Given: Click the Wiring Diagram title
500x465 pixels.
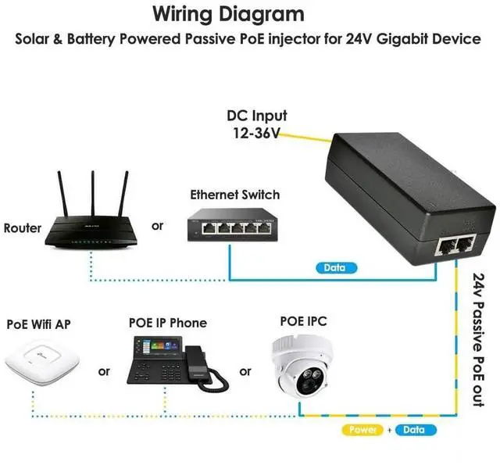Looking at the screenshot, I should pos(228,13).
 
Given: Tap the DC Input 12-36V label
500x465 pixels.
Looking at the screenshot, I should pos(257,124).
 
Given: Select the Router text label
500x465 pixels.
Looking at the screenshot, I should pos(23,228).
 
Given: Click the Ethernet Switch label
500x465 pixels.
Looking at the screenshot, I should pos(234,195).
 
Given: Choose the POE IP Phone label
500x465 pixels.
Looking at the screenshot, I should pos(168,323).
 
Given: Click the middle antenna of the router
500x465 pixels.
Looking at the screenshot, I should pos(92,191).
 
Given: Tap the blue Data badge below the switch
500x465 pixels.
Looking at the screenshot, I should pos(334,268).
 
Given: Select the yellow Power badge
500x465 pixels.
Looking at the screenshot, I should pos(363,430).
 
